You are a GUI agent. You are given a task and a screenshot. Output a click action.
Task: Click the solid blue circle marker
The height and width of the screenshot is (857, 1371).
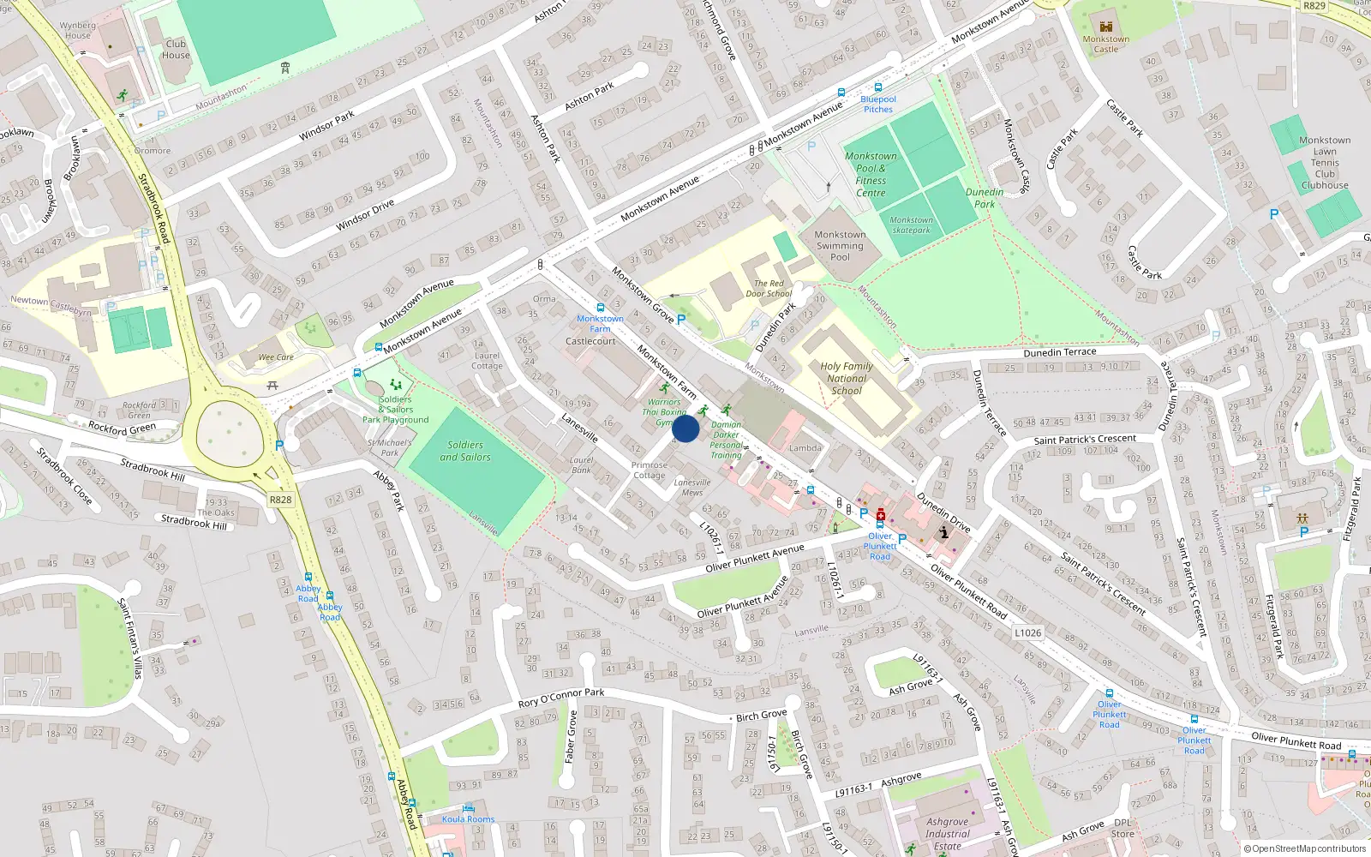click(685, 428)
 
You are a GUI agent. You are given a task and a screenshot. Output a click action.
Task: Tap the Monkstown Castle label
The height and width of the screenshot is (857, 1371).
click(1105, 44)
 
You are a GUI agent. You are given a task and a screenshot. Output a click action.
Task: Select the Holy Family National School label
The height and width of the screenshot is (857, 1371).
click(847, 378)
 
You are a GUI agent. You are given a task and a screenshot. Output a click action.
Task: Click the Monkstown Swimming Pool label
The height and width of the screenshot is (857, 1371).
click(840, 246)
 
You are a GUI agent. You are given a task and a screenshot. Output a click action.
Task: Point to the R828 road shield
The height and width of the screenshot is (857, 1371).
click(280, 500)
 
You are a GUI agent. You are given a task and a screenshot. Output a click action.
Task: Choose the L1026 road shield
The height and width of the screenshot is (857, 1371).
click(1027, 633)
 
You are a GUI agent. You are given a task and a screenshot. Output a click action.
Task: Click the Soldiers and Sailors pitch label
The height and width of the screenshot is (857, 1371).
click(465, 451)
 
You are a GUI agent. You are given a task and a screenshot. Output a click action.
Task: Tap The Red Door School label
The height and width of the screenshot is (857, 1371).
click(768, 289)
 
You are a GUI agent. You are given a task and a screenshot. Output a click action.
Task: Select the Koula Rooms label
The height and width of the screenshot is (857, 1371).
click(468, 819)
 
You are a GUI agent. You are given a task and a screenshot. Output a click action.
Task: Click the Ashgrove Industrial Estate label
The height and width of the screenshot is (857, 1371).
click(947, 834)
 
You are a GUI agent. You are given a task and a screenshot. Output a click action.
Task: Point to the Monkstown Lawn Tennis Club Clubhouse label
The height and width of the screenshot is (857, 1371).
click(1325, 163)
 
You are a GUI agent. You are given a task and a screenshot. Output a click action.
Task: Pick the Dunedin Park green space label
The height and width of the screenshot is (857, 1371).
click(985, 198)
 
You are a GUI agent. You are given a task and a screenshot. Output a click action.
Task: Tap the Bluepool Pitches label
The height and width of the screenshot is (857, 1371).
click(877, 105)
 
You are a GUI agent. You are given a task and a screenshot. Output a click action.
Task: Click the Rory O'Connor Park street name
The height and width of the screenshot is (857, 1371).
click(560, 698)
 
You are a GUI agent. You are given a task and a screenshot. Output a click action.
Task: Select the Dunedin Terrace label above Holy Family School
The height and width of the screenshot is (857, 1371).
click(1059, 352)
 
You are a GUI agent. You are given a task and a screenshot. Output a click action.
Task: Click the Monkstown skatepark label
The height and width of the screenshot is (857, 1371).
click(911, 225)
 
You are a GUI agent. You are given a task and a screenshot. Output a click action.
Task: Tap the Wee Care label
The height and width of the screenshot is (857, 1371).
click(276, 357)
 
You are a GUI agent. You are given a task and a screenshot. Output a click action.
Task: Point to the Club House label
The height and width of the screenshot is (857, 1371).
click(176, 50)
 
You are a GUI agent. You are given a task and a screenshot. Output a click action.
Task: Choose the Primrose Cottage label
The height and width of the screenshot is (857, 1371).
click(649, 470)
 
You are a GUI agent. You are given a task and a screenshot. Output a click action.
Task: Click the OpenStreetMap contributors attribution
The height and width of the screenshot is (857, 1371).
click(1304, 849)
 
